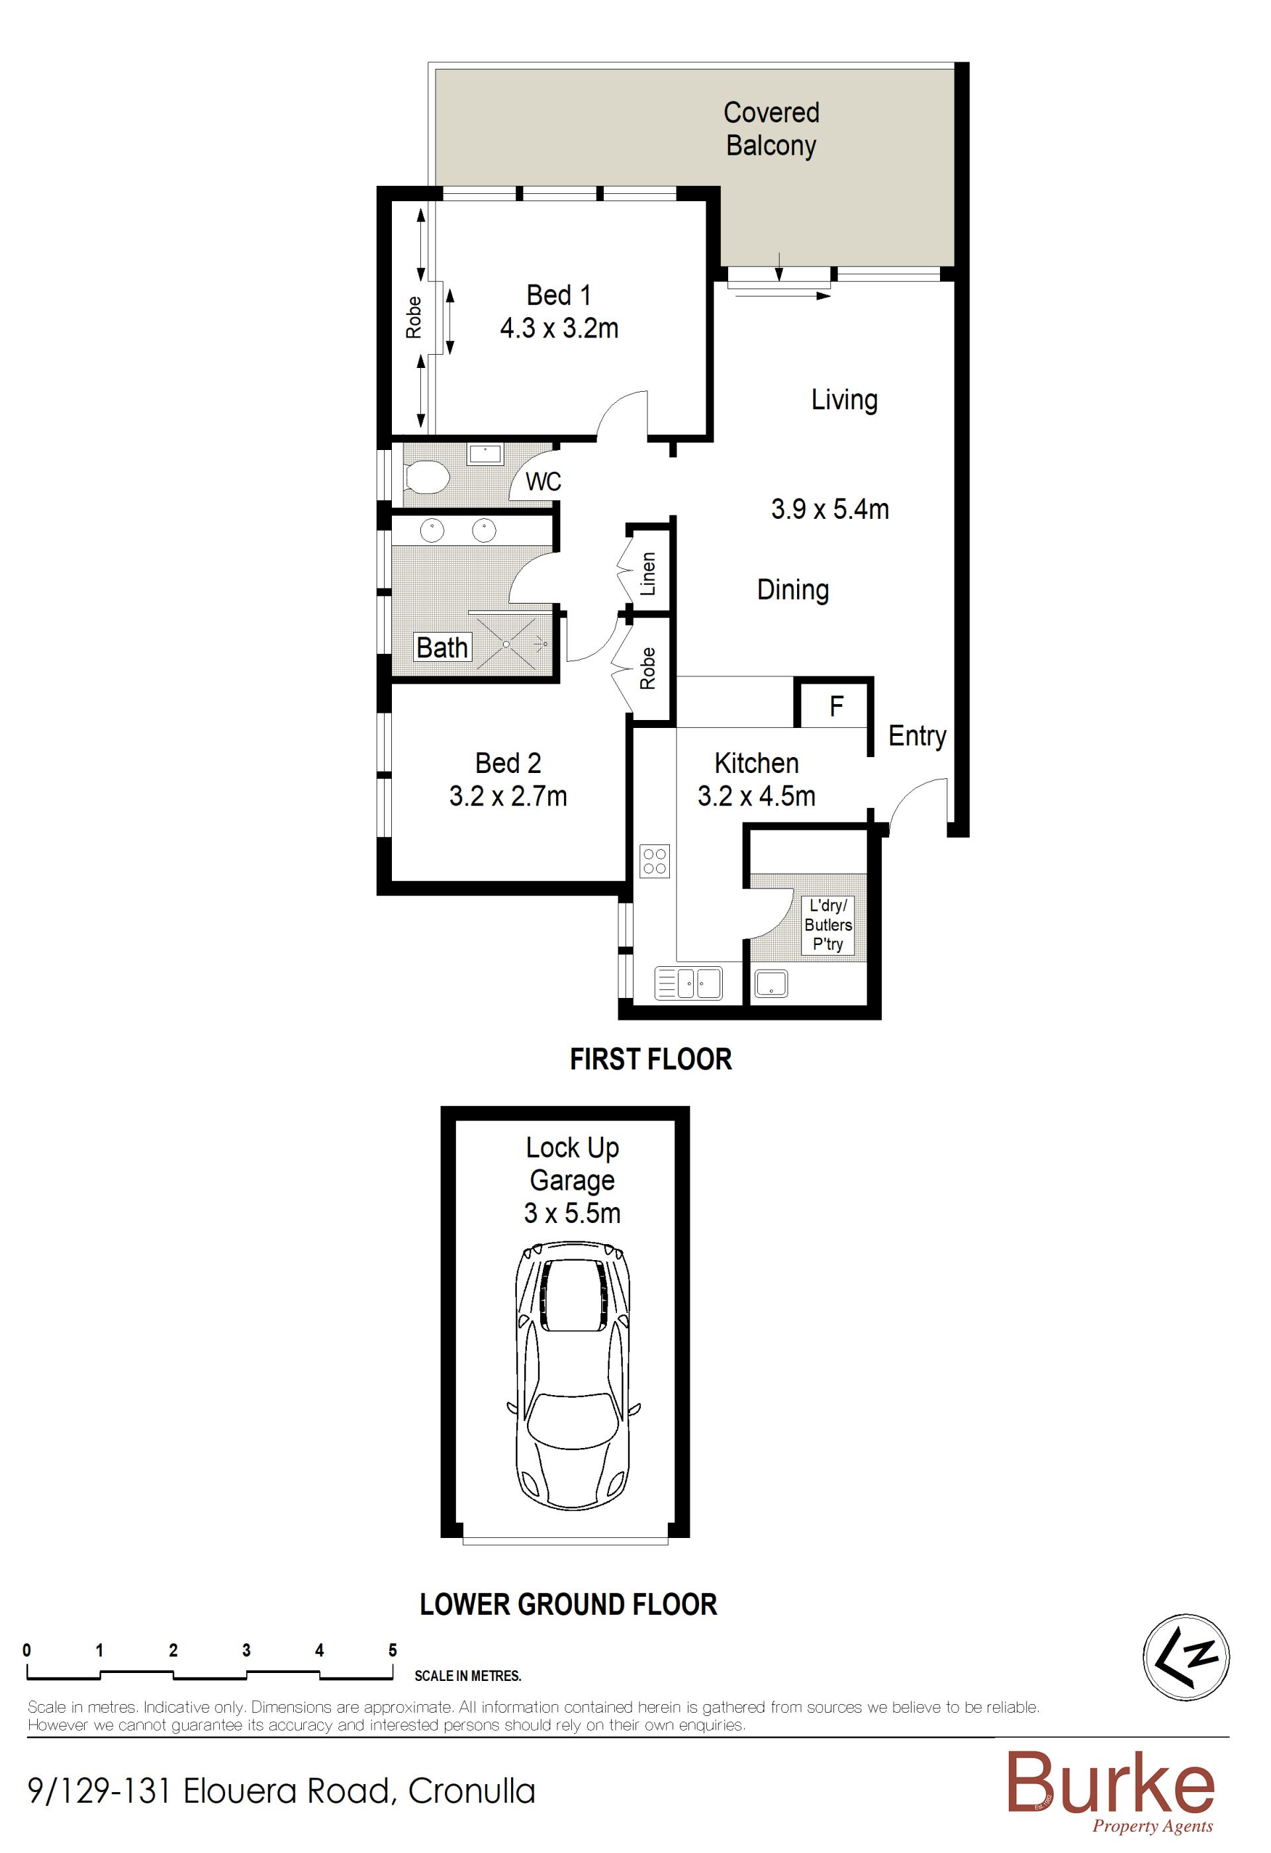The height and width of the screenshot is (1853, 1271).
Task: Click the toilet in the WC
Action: (428, 478)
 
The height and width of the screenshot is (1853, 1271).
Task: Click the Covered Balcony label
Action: (771, 129)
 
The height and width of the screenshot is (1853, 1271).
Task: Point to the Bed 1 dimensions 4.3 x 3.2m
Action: (559, 328)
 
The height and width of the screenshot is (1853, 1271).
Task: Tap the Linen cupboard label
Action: (648, 573)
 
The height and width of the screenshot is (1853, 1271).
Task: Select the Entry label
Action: (917, 736)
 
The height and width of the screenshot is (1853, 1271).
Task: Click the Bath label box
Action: (443, 647)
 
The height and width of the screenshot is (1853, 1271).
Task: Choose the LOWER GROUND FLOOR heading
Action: (569, 1604)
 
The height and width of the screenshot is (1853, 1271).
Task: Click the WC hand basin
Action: (485, 454)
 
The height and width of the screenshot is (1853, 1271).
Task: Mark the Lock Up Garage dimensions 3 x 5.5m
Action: (572, 1213)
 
